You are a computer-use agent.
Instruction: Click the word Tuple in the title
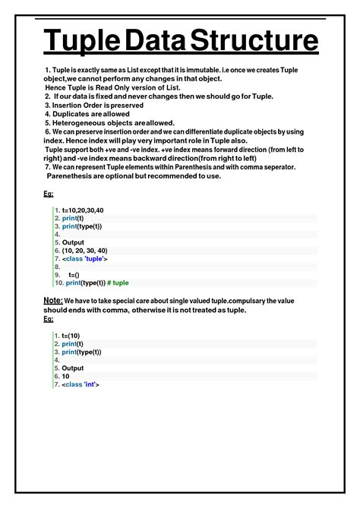(x=75, y=43)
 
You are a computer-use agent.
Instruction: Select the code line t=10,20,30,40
(x=83, y=210)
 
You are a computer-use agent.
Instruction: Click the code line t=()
(x=74, y=275)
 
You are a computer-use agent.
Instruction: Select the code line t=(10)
(x=71, y=335)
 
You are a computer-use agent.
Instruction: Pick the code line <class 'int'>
(x=81, y=384)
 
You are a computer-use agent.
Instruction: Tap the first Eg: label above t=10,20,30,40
(x=48, y=194)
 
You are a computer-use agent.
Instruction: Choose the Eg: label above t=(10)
(x=48, y=319)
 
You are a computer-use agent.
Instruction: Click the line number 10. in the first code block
(x=57, y=282)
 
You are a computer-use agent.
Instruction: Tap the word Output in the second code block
(x=73, y=368)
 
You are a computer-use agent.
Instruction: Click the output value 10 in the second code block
(x=66, y=376)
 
